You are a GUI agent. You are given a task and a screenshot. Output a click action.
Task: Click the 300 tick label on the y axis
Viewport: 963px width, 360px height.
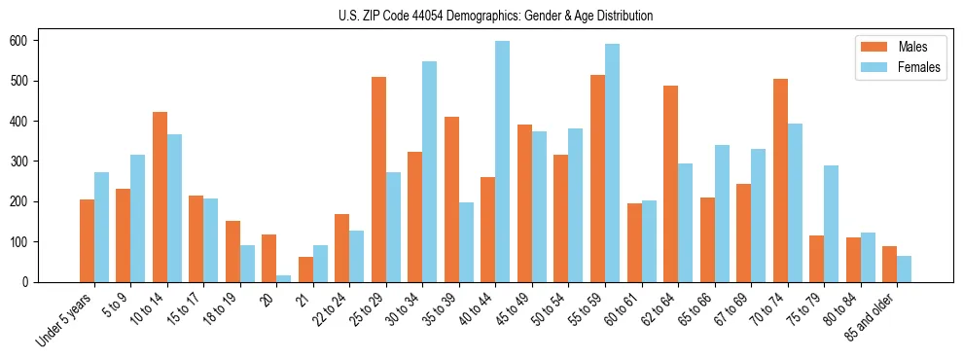click(25, 162)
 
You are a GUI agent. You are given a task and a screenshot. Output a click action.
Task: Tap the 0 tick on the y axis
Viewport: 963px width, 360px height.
click(31, 282)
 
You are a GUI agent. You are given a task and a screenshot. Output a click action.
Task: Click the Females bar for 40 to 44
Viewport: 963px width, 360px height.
click(502, 162)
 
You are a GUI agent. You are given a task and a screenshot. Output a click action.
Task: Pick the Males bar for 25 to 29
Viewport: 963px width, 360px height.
click(378, 179)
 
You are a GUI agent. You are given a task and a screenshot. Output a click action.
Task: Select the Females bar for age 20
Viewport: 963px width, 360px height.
click(283, 278)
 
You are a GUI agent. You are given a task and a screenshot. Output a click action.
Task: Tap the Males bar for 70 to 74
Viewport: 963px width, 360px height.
click(780, 180)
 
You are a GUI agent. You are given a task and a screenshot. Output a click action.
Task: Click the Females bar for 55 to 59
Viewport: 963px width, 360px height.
click(612, 162)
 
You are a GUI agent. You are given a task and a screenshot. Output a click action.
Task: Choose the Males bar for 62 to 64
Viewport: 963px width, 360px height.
click(670, 184)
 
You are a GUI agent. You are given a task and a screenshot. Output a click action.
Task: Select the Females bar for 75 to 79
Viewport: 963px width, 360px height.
click(831, 224)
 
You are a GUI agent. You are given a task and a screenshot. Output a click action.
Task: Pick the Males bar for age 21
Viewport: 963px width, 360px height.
click(305, 270)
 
